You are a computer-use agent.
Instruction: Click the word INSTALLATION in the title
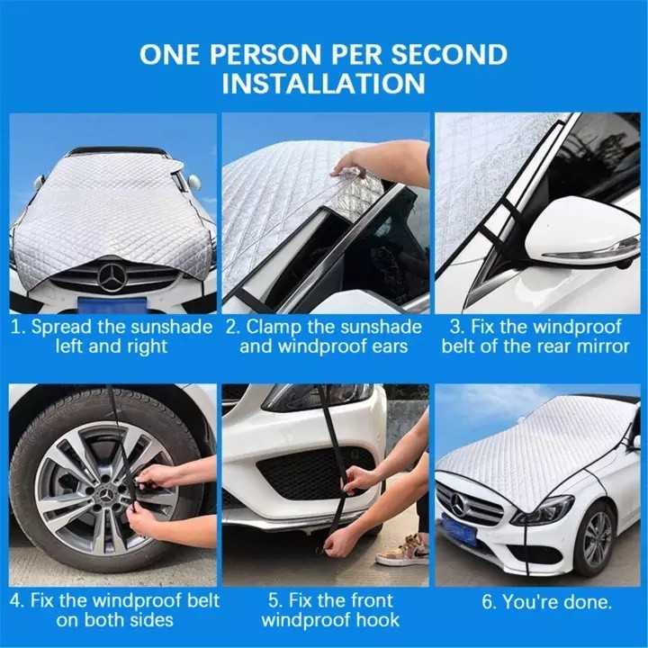click(x=324, y=83)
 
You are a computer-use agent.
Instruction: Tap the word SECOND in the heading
click(x=449, y=54)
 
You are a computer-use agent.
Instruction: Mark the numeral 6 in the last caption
click(x=488, y=602)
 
